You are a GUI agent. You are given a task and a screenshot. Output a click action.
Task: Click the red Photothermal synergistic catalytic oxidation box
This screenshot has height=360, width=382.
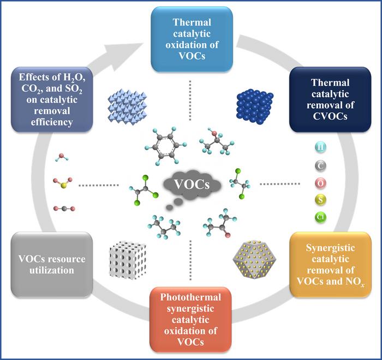pyautogui.click(x=191, y=320)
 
